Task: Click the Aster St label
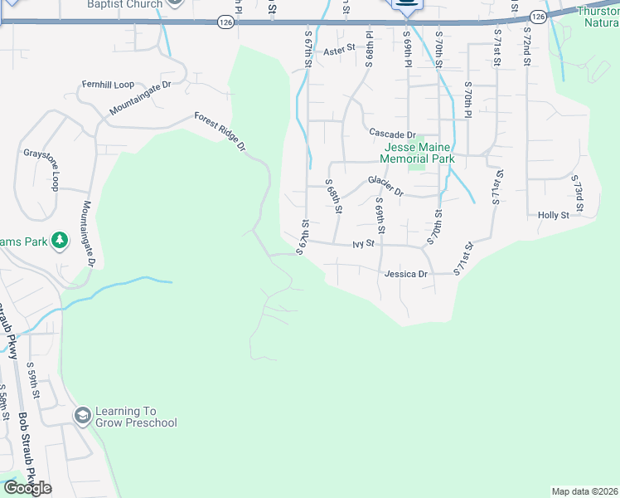coord(339,50)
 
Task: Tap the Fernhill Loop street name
coord(108,85)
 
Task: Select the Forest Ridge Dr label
coord(220,132)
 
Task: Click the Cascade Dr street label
coord(392,134)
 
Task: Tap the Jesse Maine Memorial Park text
coord(417,153)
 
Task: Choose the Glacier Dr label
coord(385,186)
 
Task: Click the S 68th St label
coord(333,196)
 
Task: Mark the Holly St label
coord(553,215)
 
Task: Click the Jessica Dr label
coord(405,274)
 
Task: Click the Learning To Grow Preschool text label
coord(137,417)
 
